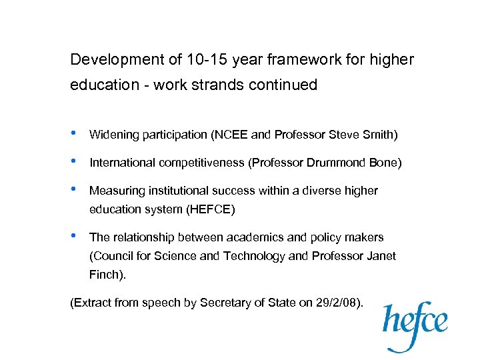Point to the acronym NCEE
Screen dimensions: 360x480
(x=231, y=135)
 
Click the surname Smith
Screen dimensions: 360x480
(x=379, y=135)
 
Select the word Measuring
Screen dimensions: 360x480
(x=114, y=191)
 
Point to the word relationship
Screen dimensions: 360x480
(x=140, y=237)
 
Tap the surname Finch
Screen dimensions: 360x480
(x=103, y=274)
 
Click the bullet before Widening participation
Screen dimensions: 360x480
(x=74, y=133)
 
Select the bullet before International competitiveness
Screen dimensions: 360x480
(x=74, y=161)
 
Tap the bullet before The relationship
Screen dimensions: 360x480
(x=74, y=236)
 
